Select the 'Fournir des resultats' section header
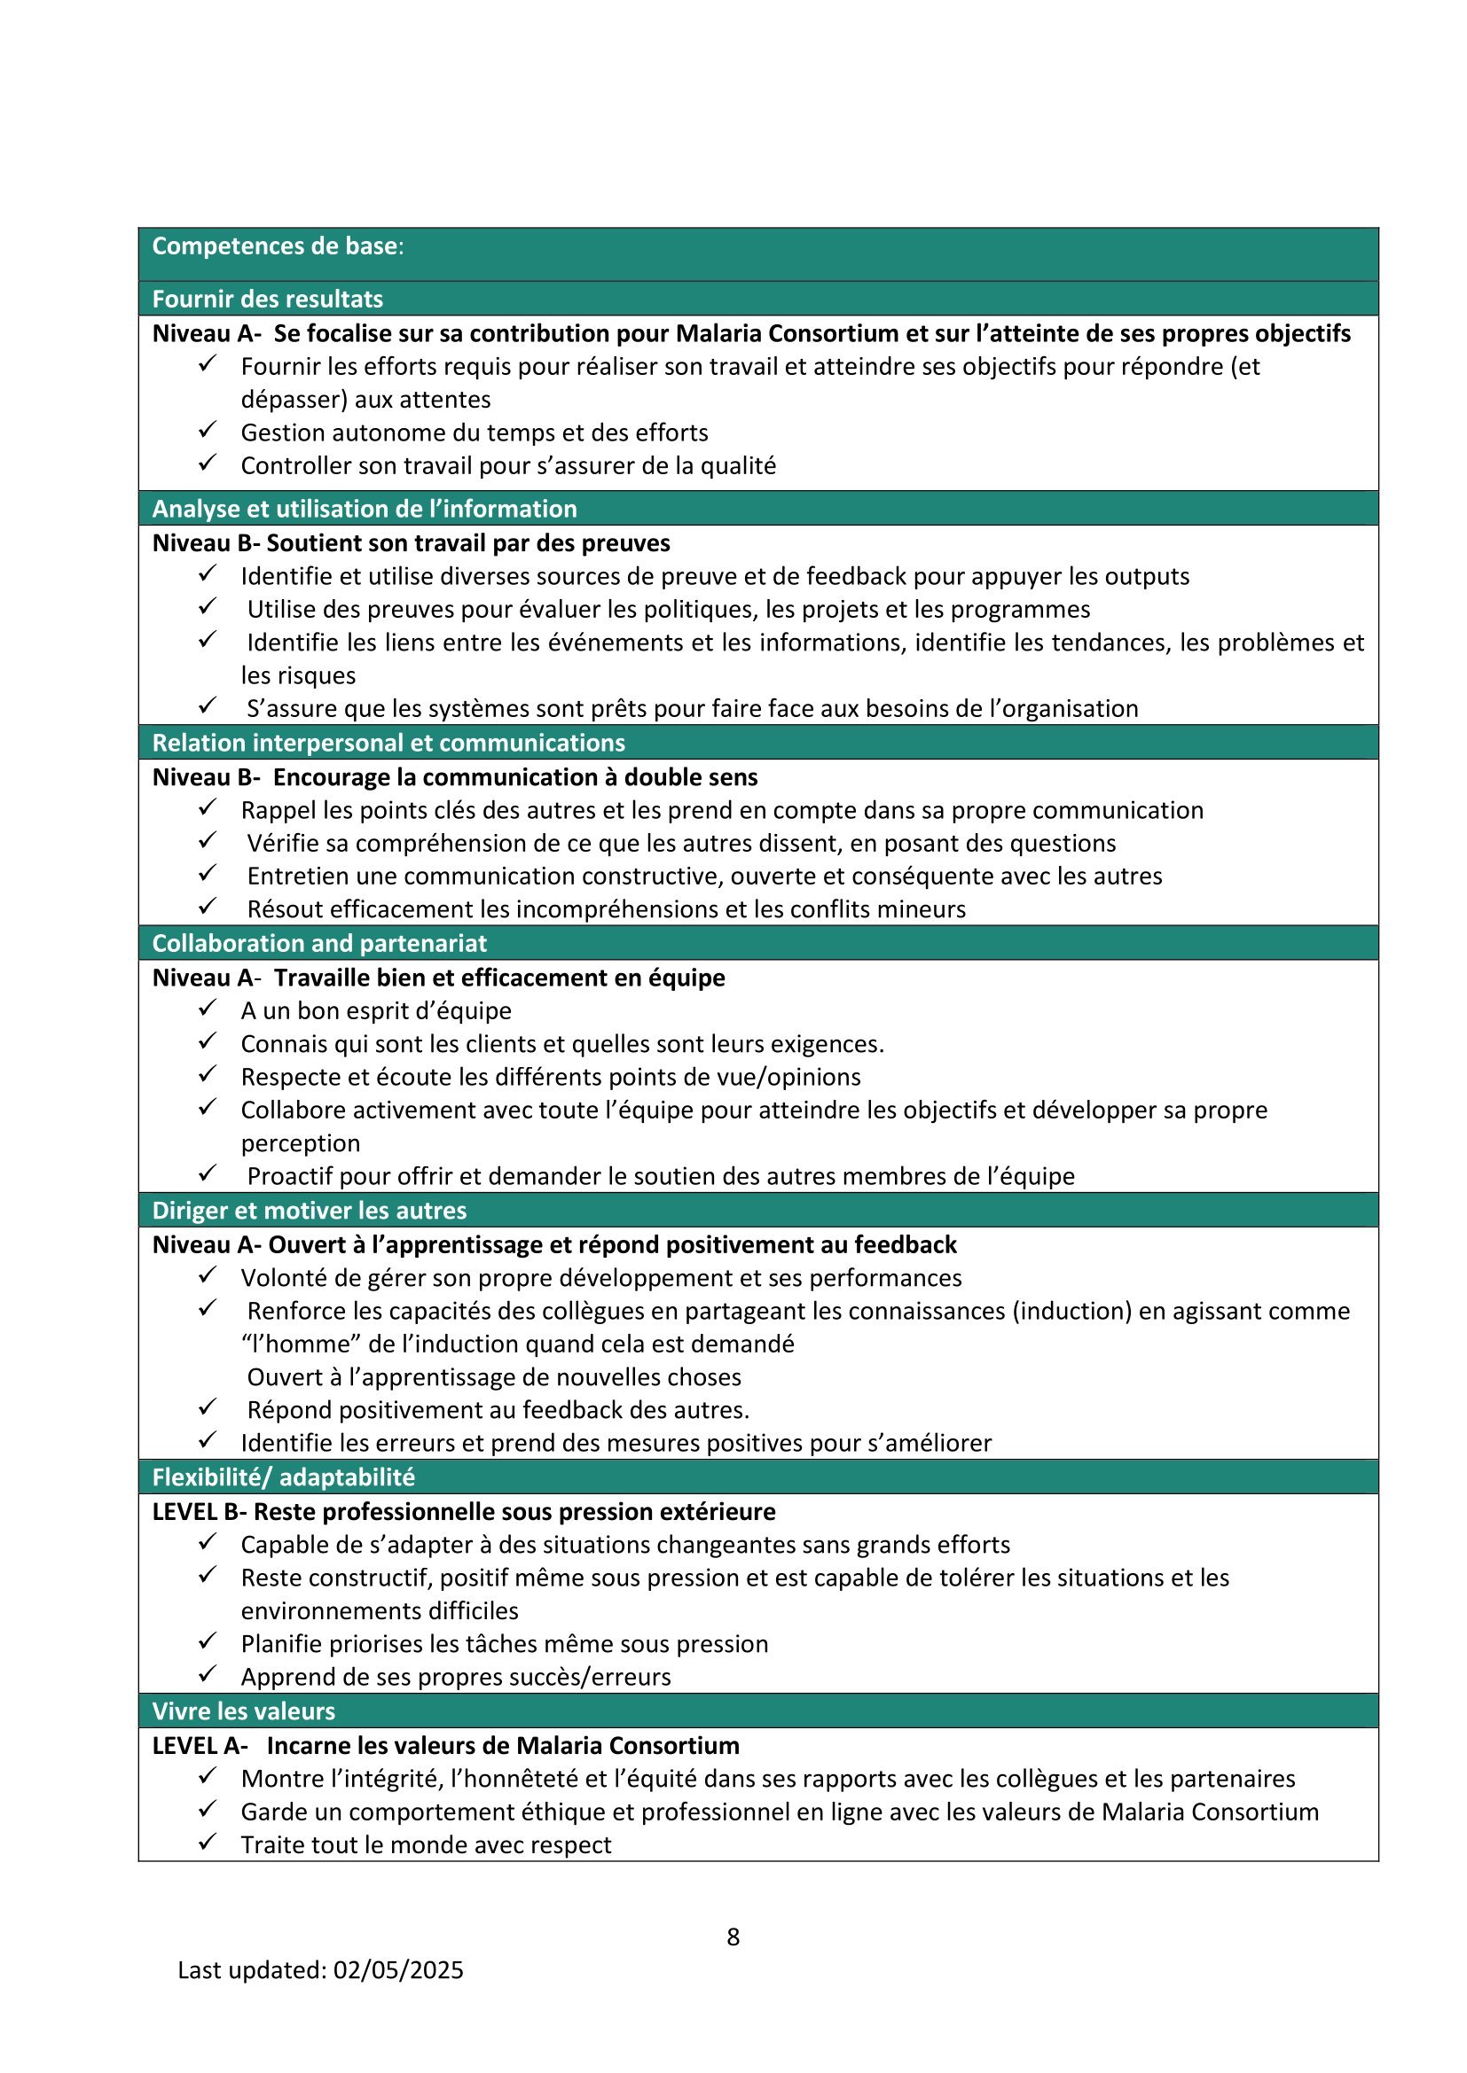(x=267, y=299)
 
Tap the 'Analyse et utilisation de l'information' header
(x=364, y=509)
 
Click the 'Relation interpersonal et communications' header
(x=388, y=742)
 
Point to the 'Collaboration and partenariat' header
(x=319, y=943)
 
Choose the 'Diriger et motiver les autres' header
(x=309, y=1210)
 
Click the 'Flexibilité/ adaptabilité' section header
(x=284, y=1477)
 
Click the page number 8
(x=733, y=1936)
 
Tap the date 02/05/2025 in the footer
(x=398, y=1969)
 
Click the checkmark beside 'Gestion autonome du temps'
(x=208, y=429)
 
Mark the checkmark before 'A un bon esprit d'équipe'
(x=208, y=1007)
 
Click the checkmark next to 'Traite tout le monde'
(x=208, y=1841)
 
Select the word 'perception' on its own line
(x=300, y=1143)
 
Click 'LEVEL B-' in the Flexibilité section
(x=199, y=1511)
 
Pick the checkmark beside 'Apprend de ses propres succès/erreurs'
(x=208, y=1673)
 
